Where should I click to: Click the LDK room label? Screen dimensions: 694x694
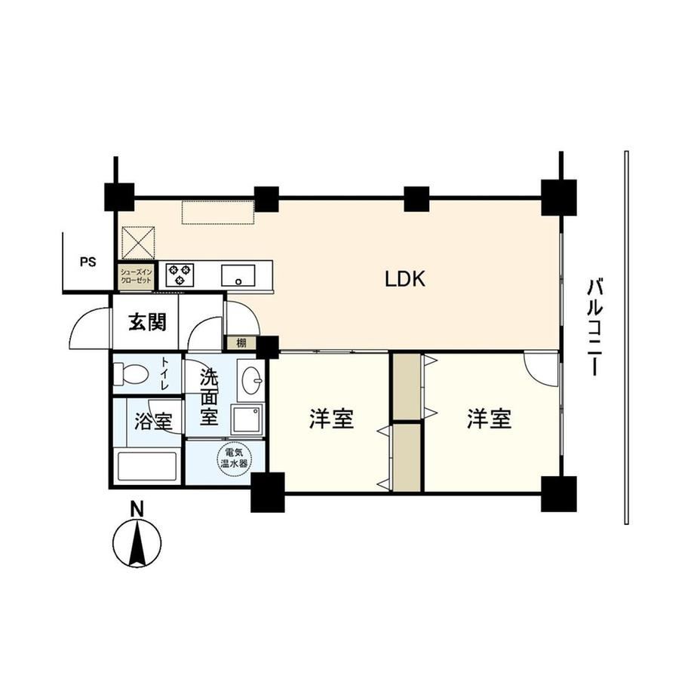(x=405, y=279)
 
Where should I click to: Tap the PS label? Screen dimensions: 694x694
(x=88, y=262)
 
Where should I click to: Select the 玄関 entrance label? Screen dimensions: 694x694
(x=148, y=322)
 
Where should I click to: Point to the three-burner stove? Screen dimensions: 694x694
(x=180, y=275)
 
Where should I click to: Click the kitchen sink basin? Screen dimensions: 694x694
(x=238, y=276)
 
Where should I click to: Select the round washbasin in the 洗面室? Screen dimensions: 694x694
(x=252, y=380)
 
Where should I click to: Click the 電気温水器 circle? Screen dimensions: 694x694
(x=235, y=459)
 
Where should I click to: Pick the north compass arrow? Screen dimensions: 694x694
(x=137, y=543)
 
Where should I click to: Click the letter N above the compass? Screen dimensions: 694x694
(x=137, y=510)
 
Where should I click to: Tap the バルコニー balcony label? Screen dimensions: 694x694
(x=595, y=327)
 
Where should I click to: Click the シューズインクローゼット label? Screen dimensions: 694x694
(x=136, y=277)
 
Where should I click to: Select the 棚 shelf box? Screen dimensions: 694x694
(x=241, y=342)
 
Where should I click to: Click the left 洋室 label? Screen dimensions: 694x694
(x=331, y=419)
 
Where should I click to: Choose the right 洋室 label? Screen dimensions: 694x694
(x=489, y=419)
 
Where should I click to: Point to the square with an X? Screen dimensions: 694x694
(x=138, y=242)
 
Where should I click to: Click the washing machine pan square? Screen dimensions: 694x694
(x=248, y=419)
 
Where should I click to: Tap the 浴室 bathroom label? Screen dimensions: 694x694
(x=152, y=422)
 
